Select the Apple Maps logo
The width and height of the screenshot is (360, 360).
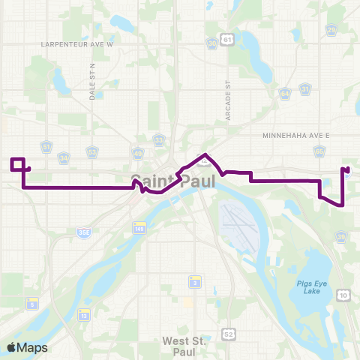28,347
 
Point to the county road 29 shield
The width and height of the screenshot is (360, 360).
331,31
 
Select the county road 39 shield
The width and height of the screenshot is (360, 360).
342,238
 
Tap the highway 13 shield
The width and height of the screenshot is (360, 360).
84,316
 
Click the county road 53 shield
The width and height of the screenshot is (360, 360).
92,151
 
